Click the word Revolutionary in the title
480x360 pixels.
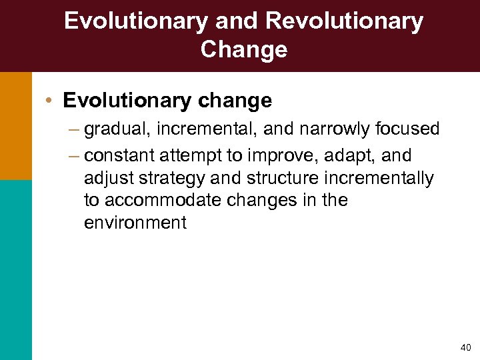(x=344, y=21)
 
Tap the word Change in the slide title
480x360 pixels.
(x=243, y=50)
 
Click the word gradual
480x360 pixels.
(x=117, y=129)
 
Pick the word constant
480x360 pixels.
(x=119, y=155)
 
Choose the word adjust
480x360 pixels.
(x=106, y=179)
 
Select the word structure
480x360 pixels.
(x=281, y=178)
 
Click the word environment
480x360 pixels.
(x=135, y=223)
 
